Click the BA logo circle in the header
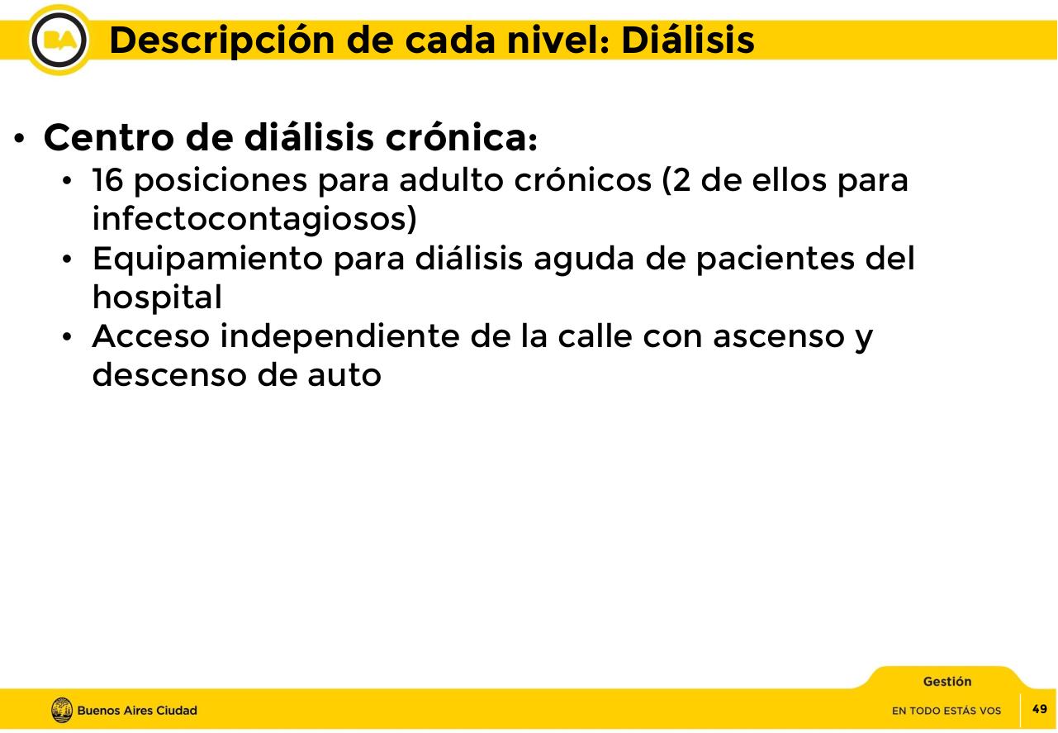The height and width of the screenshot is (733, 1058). [60, 40]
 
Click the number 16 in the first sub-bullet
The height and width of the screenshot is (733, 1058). [107, 179]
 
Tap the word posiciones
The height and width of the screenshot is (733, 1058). [217, 181]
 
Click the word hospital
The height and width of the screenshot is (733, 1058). [157, 298]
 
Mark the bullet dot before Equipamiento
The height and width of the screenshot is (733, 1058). [70, 260]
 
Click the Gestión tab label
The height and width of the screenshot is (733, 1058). [947, 682]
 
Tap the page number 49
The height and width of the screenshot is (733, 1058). [1040, 709]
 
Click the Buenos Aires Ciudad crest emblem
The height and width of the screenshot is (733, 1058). [62, 710]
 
